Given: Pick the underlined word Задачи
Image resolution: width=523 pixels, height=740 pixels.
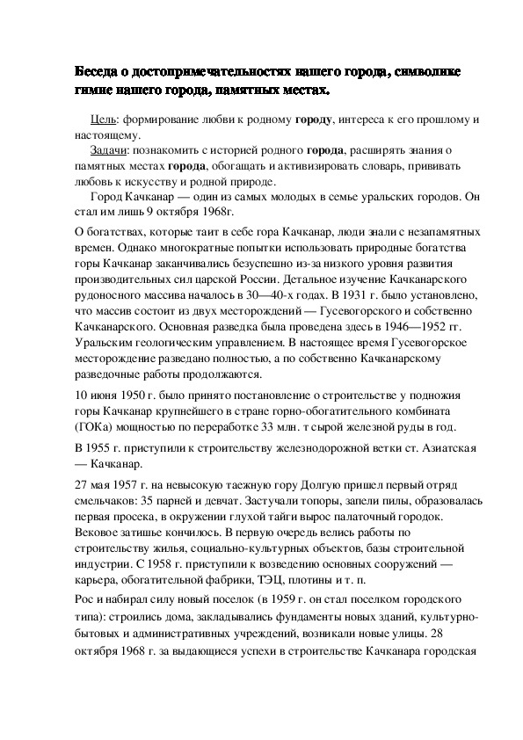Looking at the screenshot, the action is [x=108, y=151].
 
